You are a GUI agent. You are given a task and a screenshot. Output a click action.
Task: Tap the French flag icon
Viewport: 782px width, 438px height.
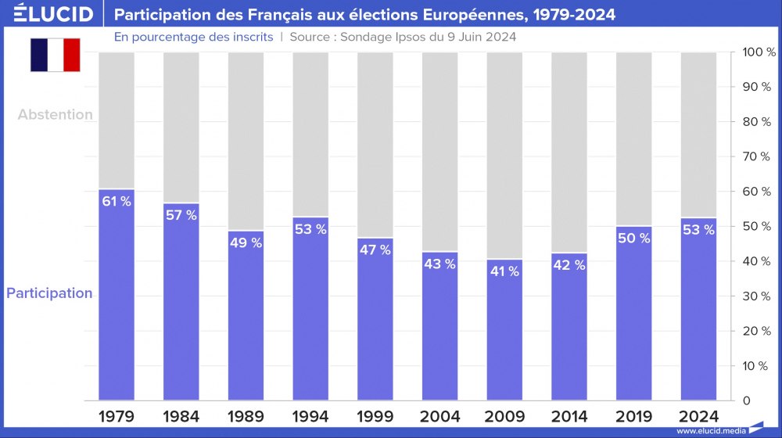(56, 55)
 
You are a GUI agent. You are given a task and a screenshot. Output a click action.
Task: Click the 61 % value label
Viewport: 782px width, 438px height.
(117, 201)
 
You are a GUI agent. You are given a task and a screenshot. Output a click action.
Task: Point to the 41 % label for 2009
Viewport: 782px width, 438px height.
(504, 271)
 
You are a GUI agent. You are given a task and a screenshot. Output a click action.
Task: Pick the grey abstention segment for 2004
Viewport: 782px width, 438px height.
(439, 149)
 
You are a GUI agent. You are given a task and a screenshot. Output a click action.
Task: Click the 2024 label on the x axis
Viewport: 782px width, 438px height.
(698, 416)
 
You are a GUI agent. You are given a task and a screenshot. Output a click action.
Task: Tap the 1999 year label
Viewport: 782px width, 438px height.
(375, 416)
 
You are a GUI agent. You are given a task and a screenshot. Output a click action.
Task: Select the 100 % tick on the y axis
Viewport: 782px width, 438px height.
(757, 52)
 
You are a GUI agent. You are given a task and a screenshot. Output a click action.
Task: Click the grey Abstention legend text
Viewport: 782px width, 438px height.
(56, 114)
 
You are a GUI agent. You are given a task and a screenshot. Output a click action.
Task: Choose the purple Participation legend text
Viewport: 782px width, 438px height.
(49, 293)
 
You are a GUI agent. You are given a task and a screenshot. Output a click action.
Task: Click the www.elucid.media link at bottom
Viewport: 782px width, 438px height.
(710, 431)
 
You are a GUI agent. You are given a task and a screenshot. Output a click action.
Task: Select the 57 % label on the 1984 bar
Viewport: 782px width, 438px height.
(181, 215)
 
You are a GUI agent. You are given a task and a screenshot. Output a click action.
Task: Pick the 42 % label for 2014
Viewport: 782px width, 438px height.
(569, 265)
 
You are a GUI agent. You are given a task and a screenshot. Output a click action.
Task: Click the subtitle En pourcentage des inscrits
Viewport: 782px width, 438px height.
(193, 37)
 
